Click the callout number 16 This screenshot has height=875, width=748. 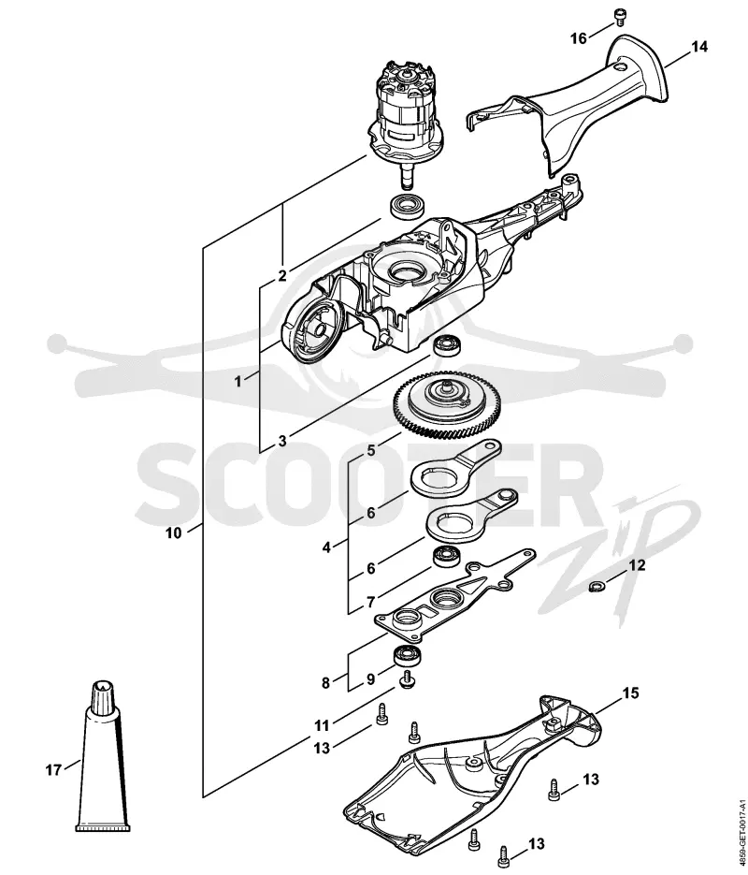click(x=579, y=38)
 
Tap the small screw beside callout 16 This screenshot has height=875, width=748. click(x=619, y=17)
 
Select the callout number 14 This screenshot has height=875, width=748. click(x=699, y=47)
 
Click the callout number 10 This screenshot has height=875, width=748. click(x=173, y=532)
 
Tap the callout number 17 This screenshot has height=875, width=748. click(x=53, y=770)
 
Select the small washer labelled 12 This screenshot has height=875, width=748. click(x=597, y=587)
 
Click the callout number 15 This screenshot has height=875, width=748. click(x=630, y=693)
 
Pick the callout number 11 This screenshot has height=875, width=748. click(x=322, y=726)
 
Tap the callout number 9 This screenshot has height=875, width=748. click(x=370, y=679)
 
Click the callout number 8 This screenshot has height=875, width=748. click(x=326, y=682)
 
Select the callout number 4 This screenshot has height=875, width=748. click(x=326, y=547)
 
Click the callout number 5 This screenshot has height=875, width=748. click(x=371, y=450)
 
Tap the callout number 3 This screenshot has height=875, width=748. click(x=282, y=441)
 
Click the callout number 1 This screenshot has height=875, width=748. click(x=238, y=382)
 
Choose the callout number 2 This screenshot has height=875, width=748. click(x=282, y=276)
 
